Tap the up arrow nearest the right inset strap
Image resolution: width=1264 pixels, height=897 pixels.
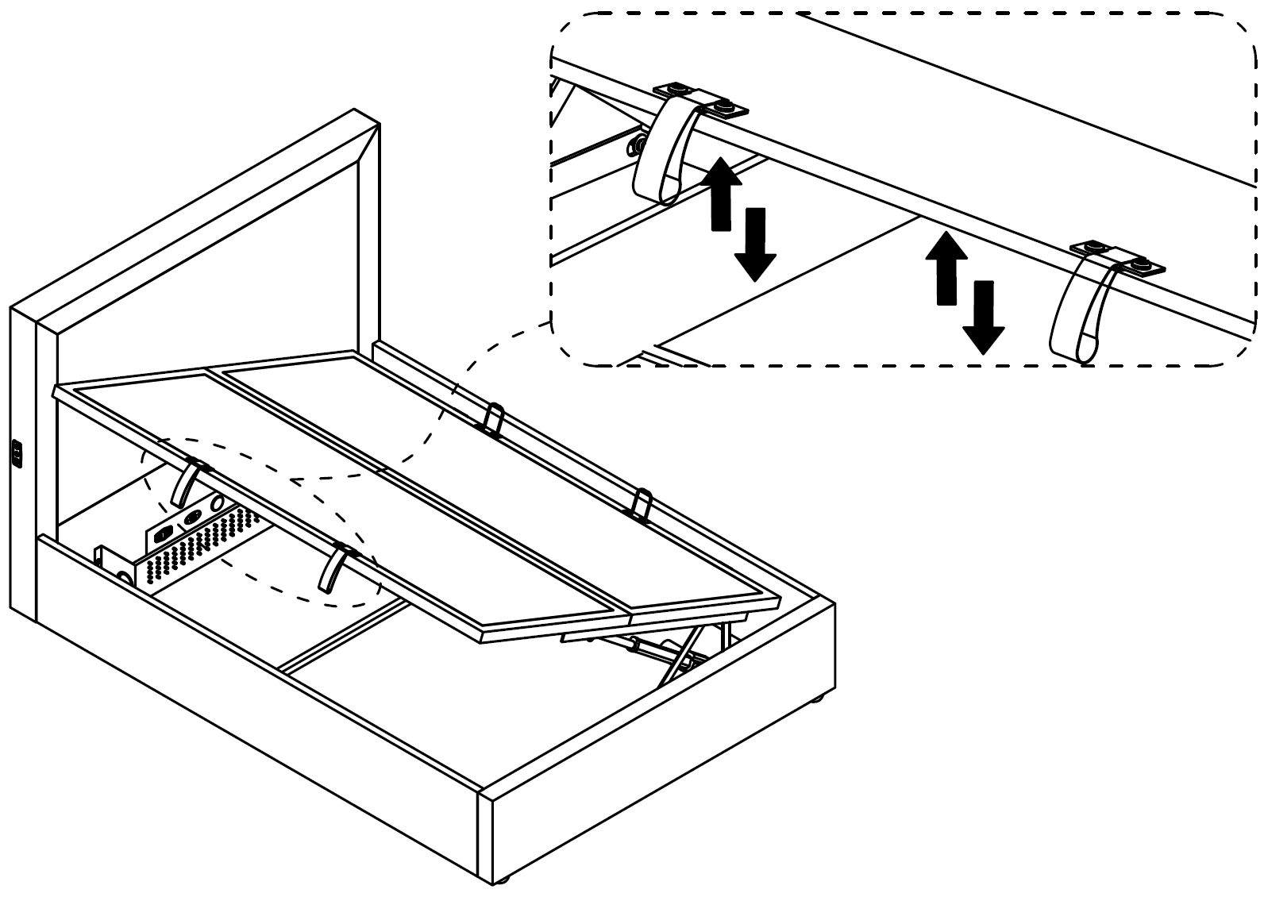[946, 267]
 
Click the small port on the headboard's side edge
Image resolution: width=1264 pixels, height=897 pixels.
[17, 453]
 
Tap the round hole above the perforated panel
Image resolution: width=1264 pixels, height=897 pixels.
[217, 504]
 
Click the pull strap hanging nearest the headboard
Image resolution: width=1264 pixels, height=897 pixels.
[185, 483]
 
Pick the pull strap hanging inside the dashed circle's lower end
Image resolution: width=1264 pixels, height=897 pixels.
[333, 568]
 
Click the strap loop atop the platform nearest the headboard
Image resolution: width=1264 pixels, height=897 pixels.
[492, 418]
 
